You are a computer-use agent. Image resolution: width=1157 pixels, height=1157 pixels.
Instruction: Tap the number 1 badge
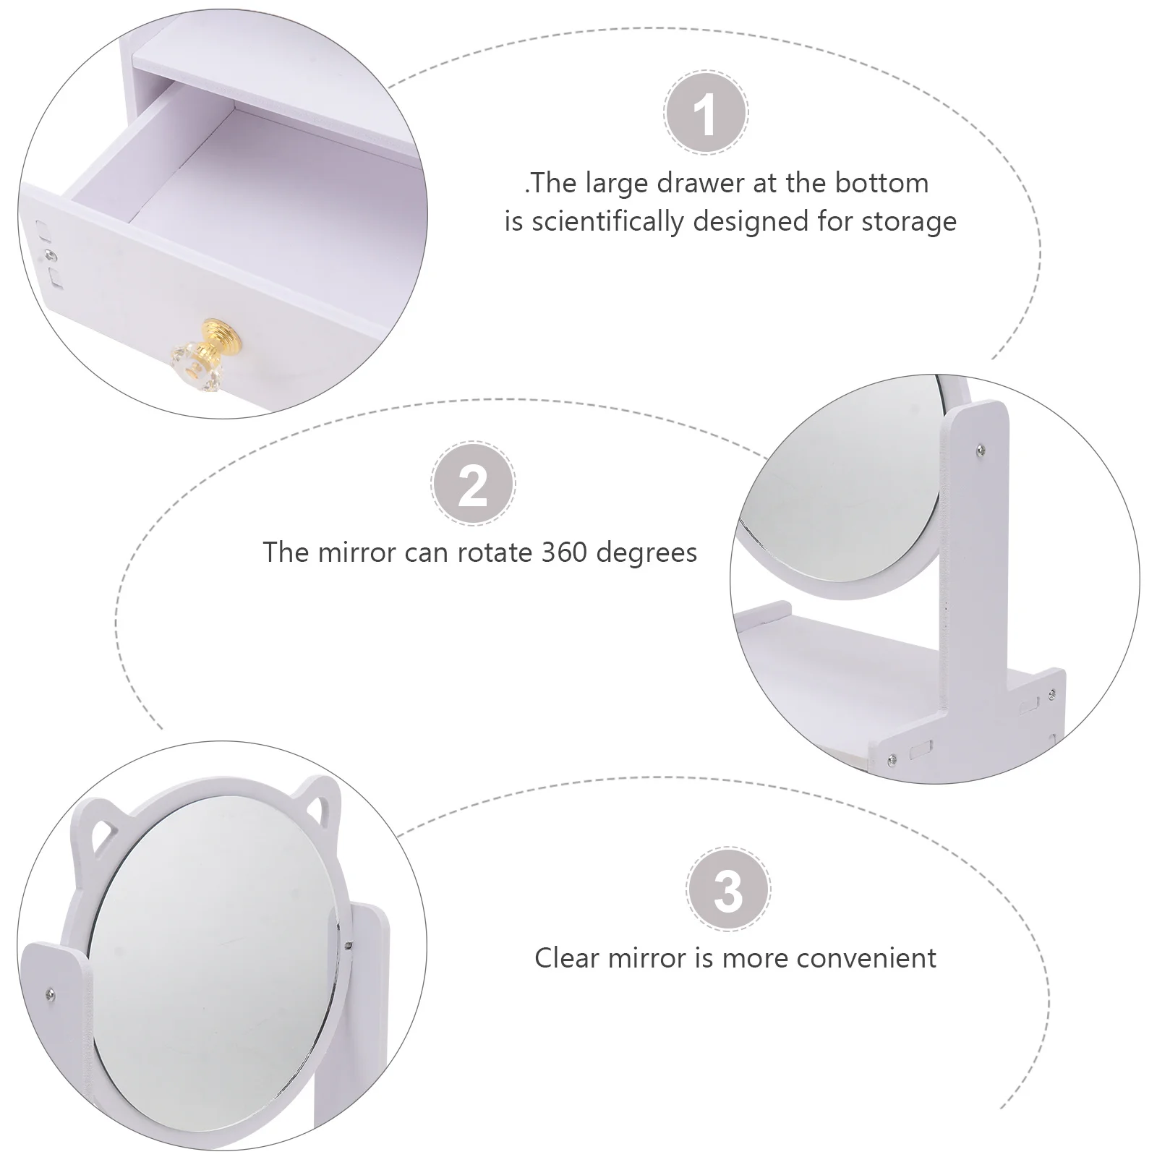705,114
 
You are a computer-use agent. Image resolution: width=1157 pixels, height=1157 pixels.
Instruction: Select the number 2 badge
473,485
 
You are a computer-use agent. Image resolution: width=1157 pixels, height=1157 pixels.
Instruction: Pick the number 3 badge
727,890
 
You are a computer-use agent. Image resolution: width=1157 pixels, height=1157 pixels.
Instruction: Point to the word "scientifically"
608,221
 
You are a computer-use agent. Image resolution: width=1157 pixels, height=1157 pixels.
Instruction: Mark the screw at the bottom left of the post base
892,758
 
